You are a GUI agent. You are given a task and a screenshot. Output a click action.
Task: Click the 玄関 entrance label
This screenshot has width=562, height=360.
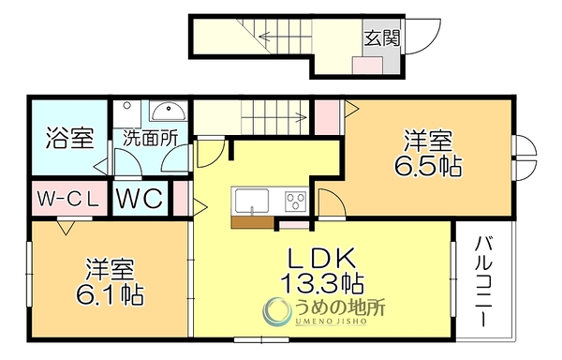(382, 38)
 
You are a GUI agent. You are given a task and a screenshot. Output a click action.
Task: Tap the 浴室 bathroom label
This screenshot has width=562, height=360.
(70, 139)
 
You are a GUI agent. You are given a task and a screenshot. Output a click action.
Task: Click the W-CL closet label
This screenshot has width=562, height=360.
(68, 200)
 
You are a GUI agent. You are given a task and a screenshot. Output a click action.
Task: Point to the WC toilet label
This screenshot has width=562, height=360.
(140, 198)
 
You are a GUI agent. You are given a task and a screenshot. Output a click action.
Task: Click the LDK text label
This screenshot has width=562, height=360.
(322, 258)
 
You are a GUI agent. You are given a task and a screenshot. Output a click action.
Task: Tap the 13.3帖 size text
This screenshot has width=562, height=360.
(322, 283)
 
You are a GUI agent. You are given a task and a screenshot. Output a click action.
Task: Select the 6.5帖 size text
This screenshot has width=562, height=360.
(428, 166)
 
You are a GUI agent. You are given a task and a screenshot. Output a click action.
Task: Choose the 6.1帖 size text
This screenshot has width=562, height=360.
(110, 294)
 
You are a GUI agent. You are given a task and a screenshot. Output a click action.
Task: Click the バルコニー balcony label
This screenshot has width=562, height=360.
(484, 281)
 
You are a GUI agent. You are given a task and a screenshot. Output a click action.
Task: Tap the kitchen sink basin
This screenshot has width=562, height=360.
(252, 201)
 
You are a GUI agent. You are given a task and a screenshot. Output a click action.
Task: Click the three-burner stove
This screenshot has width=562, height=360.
(296, 201)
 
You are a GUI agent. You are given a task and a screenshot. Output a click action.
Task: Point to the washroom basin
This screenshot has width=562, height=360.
(169, 112)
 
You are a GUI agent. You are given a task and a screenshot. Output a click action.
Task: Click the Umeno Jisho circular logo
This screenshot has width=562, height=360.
(276, 311)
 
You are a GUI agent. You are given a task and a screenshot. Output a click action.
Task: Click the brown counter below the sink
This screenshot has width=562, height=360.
(253, 222)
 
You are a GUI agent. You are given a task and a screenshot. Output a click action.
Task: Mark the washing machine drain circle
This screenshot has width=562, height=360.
(126, 105)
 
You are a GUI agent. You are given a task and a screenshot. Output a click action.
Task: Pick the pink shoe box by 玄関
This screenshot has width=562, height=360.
(367, 66)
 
